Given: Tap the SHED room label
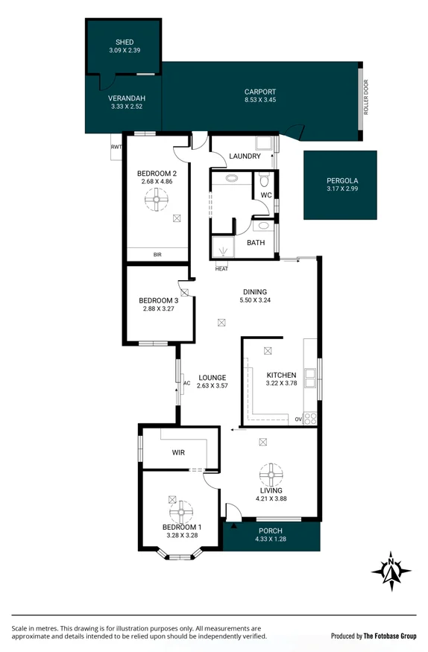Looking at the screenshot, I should [x=125, y=42].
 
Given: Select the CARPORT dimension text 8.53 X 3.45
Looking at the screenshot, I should [x=260, y=100].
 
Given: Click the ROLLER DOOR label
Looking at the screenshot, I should [x=366, y=97].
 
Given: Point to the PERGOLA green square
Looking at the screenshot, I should [x=340, y=185].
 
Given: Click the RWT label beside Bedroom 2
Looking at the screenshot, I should [x=116, y=148].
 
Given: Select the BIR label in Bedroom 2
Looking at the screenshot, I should [x=157, y=255].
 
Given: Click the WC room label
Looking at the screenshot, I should [x=265, y=195].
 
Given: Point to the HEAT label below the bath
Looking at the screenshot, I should [x=221, y=269].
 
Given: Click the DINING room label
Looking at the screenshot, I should [x=254, y=292].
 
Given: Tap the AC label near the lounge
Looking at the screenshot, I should [x=186, y=384].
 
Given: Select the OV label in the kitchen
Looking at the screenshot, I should [x=298, y=420].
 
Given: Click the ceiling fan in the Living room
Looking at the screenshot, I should [x=271, y=474].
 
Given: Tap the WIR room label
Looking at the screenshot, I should [x=178, y=452].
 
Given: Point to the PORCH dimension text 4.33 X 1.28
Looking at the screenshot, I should [x=271, y=539].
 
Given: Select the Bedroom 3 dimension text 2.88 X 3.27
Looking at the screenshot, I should [x=157, y=309].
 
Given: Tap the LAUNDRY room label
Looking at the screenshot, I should [x=245, y=156].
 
